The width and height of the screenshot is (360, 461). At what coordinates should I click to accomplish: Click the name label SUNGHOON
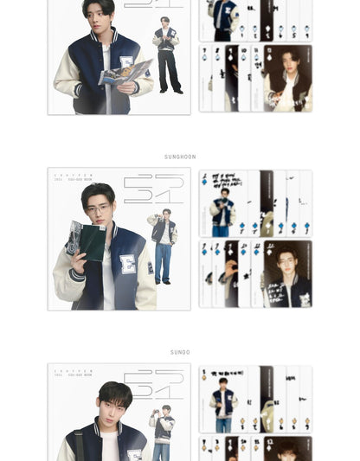[x=180, y=157]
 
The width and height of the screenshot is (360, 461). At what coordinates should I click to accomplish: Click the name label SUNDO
[x=180, y=352]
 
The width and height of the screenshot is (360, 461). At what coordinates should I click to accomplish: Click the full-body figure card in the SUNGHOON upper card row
[x=223, y=203]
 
